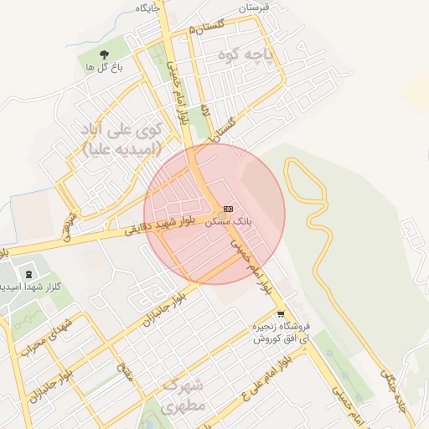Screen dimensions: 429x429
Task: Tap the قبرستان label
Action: pyautogui.click(x=256, y=7)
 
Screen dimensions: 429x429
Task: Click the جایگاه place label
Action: pyautogui.click(x=146, y=7)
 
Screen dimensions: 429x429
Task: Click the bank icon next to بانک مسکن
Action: pyautogui.click(x=229, y=209)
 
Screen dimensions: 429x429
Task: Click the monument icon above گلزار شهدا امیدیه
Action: pyautogui.click(x=29, y=274)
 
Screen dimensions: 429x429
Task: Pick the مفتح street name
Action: pyautogui.click(x=127, y=368)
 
